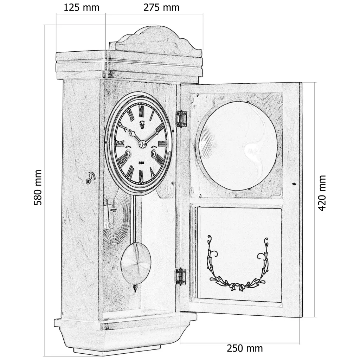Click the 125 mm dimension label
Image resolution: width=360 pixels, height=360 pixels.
coord(81,7)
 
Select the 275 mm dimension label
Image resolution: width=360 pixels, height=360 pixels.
coord(161,7)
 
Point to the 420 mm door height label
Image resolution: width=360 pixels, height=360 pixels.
coord(322,193)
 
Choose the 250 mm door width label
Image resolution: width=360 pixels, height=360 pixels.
coord(245,348)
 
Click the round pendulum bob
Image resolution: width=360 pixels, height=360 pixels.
coord(136,263)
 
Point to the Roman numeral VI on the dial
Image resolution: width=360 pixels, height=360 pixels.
coord(141,175)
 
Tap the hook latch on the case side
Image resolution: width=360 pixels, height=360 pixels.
coord(90,178)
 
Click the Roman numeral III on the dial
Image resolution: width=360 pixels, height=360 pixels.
coord(162,143)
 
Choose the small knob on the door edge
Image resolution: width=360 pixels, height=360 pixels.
coord(295,183)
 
